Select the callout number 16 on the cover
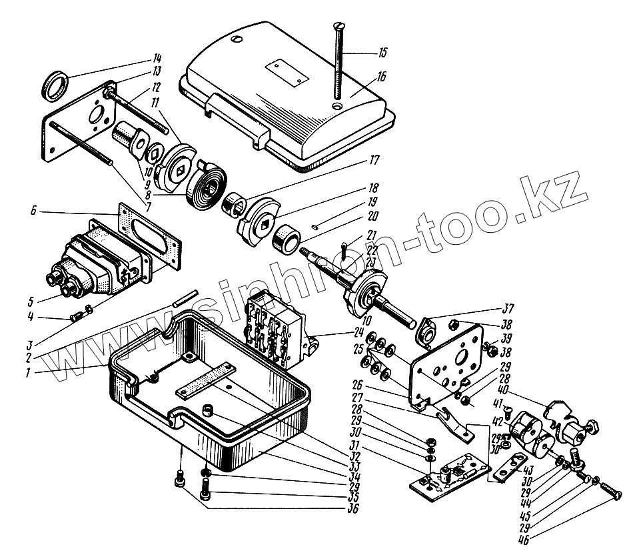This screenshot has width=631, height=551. click(x=380, y=76)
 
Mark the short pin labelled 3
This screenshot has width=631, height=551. click(x=186, y=298)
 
